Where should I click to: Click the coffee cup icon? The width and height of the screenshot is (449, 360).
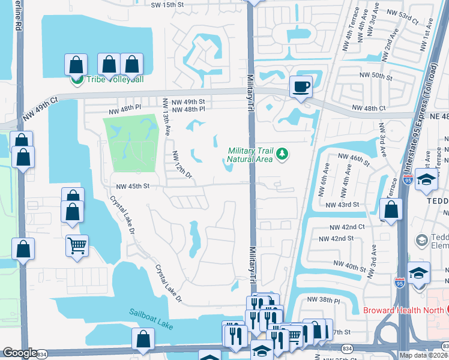tap(301, 86)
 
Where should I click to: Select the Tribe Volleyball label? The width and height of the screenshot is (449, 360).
tap(115, 80)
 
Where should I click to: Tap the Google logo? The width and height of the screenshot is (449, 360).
tap(20, 353)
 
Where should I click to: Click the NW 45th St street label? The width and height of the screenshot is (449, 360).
tap(132, 187)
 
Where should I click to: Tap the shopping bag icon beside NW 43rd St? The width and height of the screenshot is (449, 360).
tap(391, 211)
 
